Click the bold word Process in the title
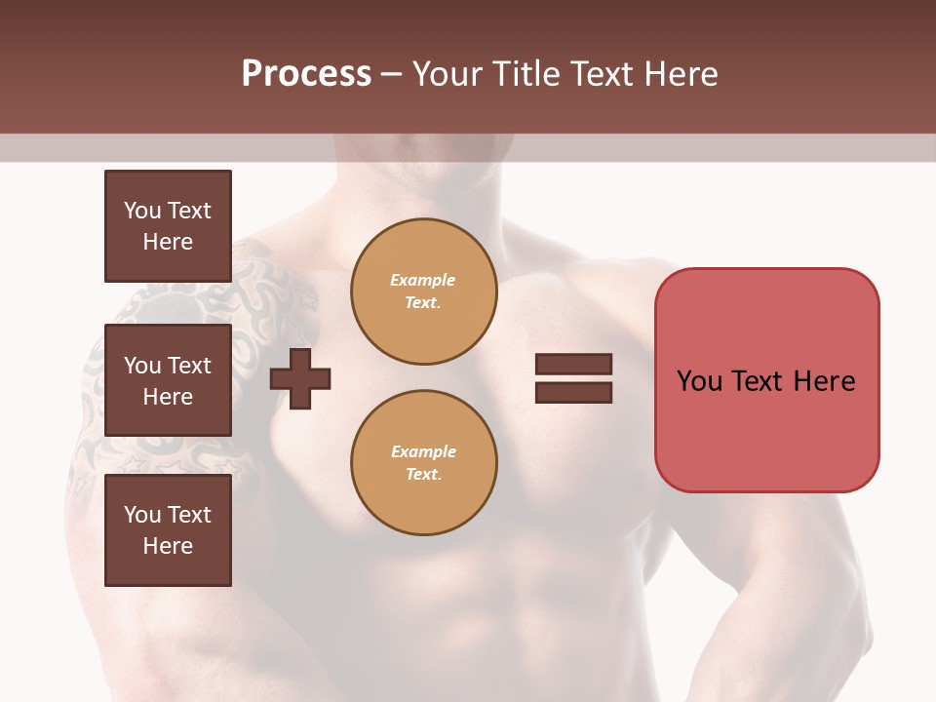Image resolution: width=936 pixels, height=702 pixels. (x=306, y=73)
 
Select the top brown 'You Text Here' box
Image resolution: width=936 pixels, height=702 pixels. (x=168, y=226)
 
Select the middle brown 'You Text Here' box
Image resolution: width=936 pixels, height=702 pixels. (x=168, y=380)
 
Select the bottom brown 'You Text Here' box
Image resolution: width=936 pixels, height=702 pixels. (x=168, y=529)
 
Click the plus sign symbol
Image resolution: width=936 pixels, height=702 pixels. (x=300, y=378)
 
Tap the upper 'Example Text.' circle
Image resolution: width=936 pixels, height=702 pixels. (x=423, y=292)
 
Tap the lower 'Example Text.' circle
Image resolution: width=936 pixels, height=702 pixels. (x=423, y=463)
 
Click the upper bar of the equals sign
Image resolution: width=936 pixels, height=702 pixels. (x=573, y=365)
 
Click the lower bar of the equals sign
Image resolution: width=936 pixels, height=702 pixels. (x=573, y=393)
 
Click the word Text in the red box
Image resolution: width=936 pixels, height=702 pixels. (x=759, y=381)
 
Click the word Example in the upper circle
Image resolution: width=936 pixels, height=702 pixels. (x=422, y=281)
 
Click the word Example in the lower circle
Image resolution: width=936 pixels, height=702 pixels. (x=423, y=452)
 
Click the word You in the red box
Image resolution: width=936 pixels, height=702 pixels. (x=699, y=381)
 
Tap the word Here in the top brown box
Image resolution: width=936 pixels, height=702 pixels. (x=168, y=242)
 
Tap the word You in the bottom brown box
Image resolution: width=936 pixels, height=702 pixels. (x=142, y=515)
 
